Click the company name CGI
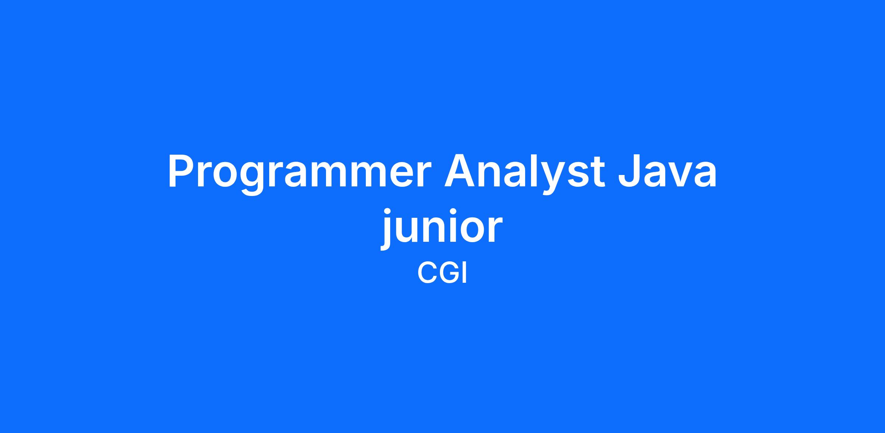tap(442, 273)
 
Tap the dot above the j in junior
tap(387, 212)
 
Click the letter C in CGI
tap(427, 273)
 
